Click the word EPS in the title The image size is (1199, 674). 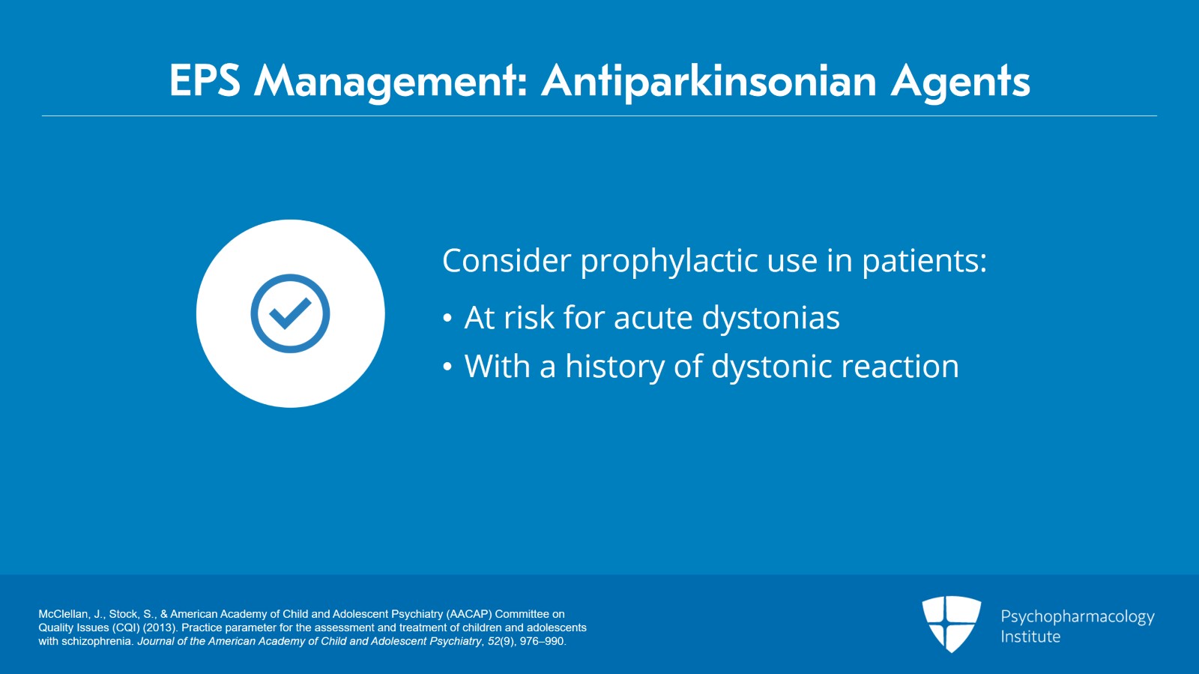pos(205,80)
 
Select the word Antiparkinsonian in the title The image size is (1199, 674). pos(708,81)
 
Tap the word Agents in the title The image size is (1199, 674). pos(960,81)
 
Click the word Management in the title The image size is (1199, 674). pos(390,81)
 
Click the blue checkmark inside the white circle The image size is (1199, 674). pos(290,313)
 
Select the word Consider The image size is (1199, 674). pos(507,261)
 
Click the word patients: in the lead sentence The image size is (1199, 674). pos(924,261)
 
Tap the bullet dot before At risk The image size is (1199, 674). pos(447,319)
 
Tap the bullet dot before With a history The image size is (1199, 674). pos(447,367)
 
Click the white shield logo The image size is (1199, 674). pos(951,622)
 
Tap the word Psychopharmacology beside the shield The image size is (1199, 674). pos(1077,616)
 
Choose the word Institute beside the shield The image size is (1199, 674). pos(1030,637)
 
